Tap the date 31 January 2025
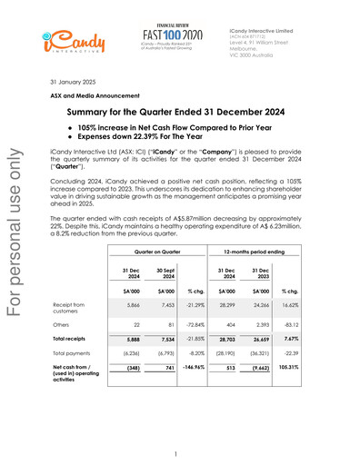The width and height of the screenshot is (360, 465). [x=75, y=82]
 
